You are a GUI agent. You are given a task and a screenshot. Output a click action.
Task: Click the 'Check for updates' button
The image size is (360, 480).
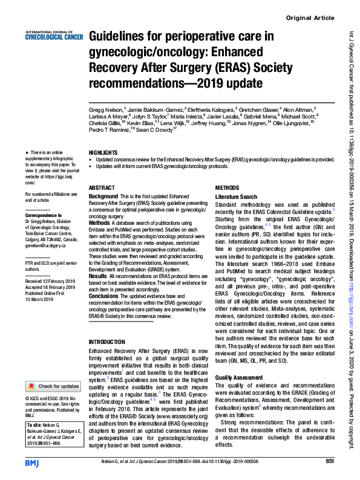53,386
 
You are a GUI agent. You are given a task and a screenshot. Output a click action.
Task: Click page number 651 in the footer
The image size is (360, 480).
330,462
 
